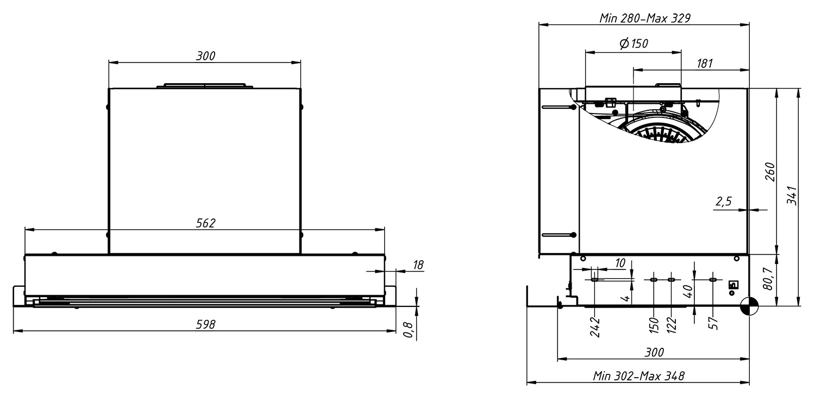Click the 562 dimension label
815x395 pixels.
point(205,223)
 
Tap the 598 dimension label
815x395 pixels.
point(205,324)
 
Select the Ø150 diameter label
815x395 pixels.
point(634,43)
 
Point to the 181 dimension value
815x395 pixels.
point(705,64)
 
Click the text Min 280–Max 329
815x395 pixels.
point(645,18)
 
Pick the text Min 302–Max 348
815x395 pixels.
point(638,376)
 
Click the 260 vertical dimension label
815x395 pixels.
point(770,172)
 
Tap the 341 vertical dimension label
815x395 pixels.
point(792,196)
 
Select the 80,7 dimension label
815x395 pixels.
point(768,279)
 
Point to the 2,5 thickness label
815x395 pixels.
point(723,202)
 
